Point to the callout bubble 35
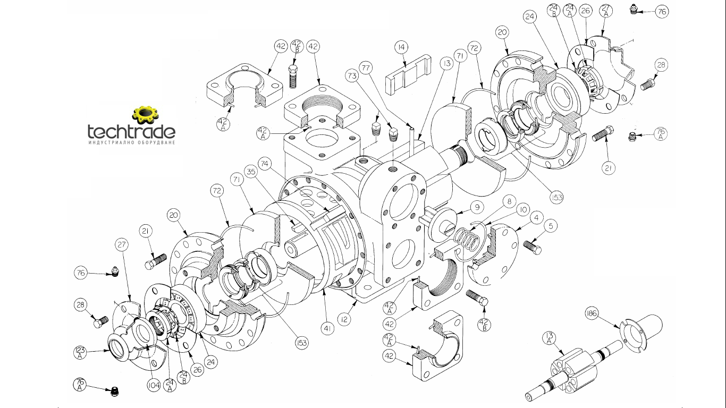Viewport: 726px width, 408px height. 252,172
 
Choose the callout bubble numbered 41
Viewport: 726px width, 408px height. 328,328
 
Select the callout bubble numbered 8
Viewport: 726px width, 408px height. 509,201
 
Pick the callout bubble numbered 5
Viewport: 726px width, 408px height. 551,226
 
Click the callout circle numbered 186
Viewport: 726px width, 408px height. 592,314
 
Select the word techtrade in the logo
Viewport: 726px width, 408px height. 131,131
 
